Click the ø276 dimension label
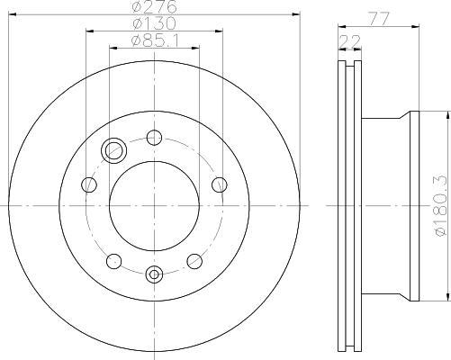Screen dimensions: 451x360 155,6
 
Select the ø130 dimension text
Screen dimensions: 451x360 155,23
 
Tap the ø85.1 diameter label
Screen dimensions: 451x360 155,40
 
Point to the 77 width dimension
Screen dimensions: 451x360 379,19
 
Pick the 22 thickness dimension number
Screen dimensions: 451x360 349,41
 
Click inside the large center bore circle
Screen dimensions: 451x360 154,206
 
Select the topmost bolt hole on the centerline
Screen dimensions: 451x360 154,138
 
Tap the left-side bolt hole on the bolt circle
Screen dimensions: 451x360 89,184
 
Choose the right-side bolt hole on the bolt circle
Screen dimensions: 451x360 220,184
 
